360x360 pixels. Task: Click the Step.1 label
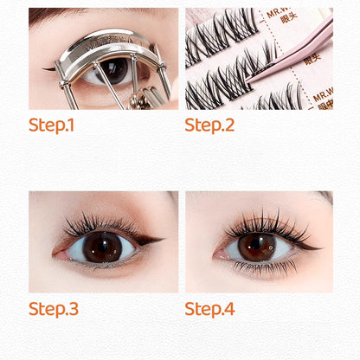[52, 125]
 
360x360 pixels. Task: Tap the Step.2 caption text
[209, 125]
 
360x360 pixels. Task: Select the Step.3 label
[54, 308]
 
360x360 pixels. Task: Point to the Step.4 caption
[210, 308]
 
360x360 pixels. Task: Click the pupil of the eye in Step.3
[102, 246]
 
